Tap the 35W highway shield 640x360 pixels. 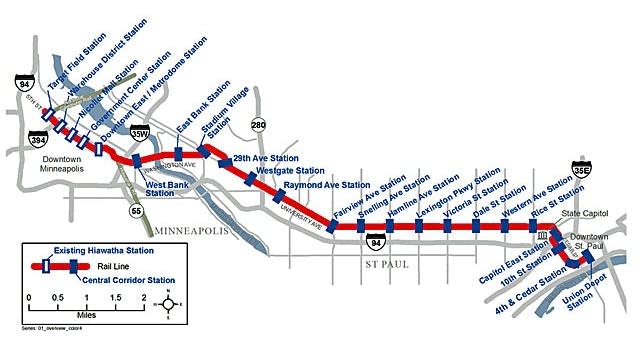[142, 133]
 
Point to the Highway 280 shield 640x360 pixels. [258, 125]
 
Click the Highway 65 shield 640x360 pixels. [135, 211]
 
